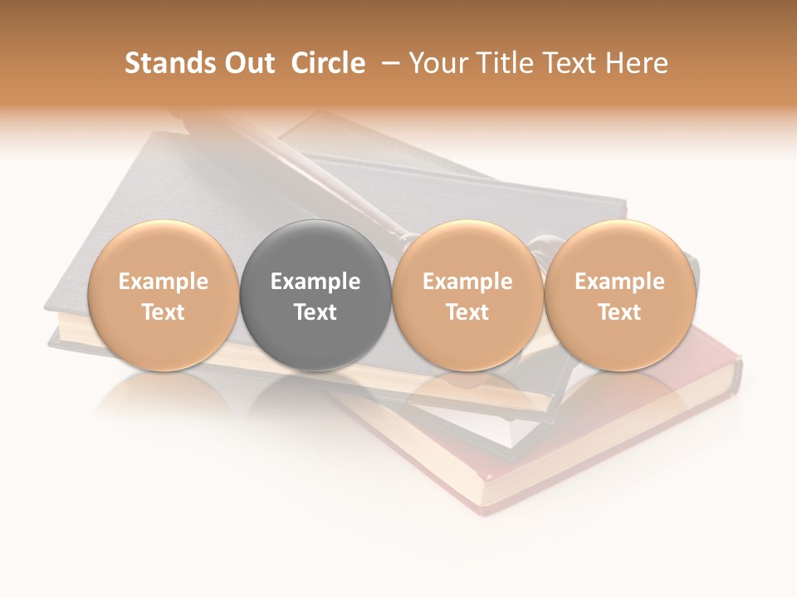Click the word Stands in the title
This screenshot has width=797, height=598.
(164, 63)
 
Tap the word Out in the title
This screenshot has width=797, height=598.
(247, 63)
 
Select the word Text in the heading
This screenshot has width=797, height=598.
(573, 63)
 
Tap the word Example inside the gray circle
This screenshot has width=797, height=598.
(315, 282)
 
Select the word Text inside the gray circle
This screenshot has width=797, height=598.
(315, 312)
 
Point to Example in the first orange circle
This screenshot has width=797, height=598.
(164, 282)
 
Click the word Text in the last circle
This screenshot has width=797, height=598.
(619, 312)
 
